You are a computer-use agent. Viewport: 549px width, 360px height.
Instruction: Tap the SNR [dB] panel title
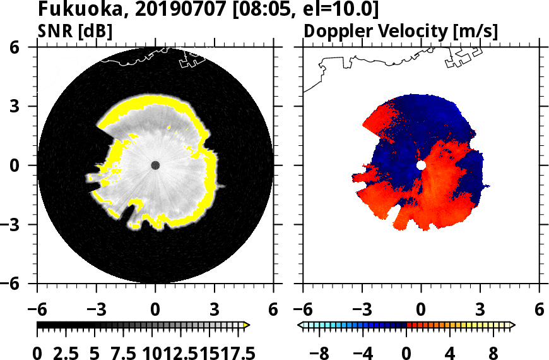click(x=76, y=31)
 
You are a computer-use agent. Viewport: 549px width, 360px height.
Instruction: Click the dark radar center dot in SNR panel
click(x=155, y=165)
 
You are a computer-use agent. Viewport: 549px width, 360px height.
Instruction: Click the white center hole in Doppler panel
click(x=421, y=165)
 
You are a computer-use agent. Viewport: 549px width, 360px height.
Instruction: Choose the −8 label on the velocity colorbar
click(x=321, y=352)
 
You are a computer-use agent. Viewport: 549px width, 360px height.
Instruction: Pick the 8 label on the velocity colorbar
click(x=494, y=352)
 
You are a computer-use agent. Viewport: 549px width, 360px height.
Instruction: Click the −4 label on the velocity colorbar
click(x=363, y=352)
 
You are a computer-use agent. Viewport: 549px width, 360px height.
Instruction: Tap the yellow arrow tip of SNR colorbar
click(x=247, y=325)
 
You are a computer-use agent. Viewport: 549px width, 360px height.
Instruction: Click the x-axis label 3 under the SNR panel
click(x=215, y=310)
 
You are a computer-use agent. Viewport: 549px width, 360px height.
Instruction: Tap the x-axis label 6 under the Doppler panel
click(x=539, y=310)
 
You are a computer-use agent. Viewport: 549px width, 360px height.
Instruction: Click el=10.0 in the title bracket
click(x=339, y=9)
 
